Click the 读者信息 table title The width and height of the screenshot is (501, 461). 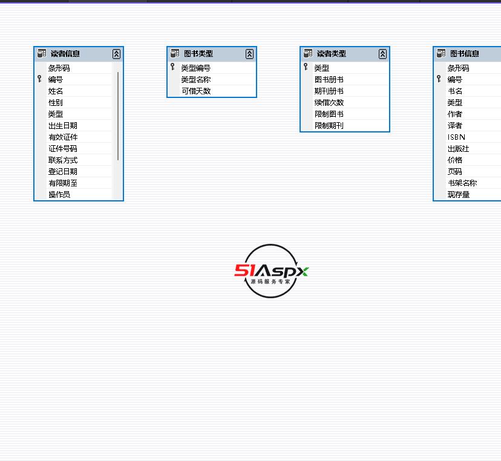click(65, 54)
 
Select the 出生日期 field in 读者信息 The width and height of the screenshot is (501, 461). click(63, 126)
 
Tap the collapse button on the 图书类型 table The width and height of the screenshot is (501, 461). click(249, 54)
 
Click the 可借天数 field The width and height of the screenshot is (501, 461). click(196, 91)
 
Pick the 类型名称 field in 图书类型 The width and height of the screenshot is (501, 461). click(196, 80)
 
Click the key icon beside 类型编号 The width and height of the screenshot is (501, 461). click(172, 67)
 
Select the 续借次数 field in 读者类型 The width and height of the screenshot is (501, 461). click(329, 103)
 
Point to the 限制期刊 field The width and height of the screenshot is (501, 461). click(329, 126)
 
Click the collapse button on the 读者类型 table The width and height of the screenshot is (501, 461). click(382, 54)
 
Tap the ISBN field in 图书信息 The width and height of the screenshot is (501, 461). click(456, 137)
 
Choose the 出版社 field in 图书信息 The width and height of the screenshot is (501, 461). click(458, 149)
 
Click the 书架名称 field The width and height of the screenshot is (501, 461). click(462, 183)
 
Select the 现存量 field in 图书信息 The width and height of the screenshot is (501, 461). click(459, 195)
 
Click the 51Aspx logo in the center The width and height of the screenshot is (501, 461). click(271, 271)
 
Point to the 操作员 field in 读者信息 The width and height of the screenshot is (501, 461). click(59, 195)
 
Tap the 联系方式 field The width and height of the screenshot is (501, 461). click(63, 160)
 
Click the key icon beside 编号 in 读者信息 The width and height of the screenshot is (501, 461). click(39, 79)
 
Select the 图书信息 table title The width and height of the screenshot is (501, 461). click(465, 54)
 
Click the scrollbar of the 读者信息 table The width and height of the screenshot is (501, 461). click(118, 115)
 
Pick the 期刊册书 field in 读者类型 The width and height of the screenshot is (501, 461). click(329, 91)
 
